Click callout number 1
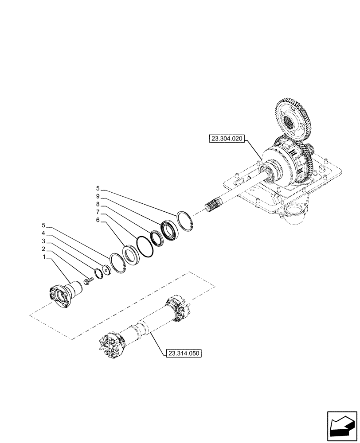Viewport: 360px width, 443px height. tap(44, 257)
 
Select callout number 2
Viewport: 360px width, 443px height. tap(44, 249)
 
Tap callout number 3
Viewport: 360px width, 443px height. tap(44, 241)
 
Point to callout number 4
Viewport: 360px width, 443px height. tap(43, 233)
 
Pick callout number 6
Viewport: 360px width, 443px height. tap(98, 220)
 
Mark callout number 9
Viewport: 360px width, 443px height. tap(98, 196)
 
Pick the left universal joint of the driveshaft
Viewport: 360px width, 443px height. tap(113, 343)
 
